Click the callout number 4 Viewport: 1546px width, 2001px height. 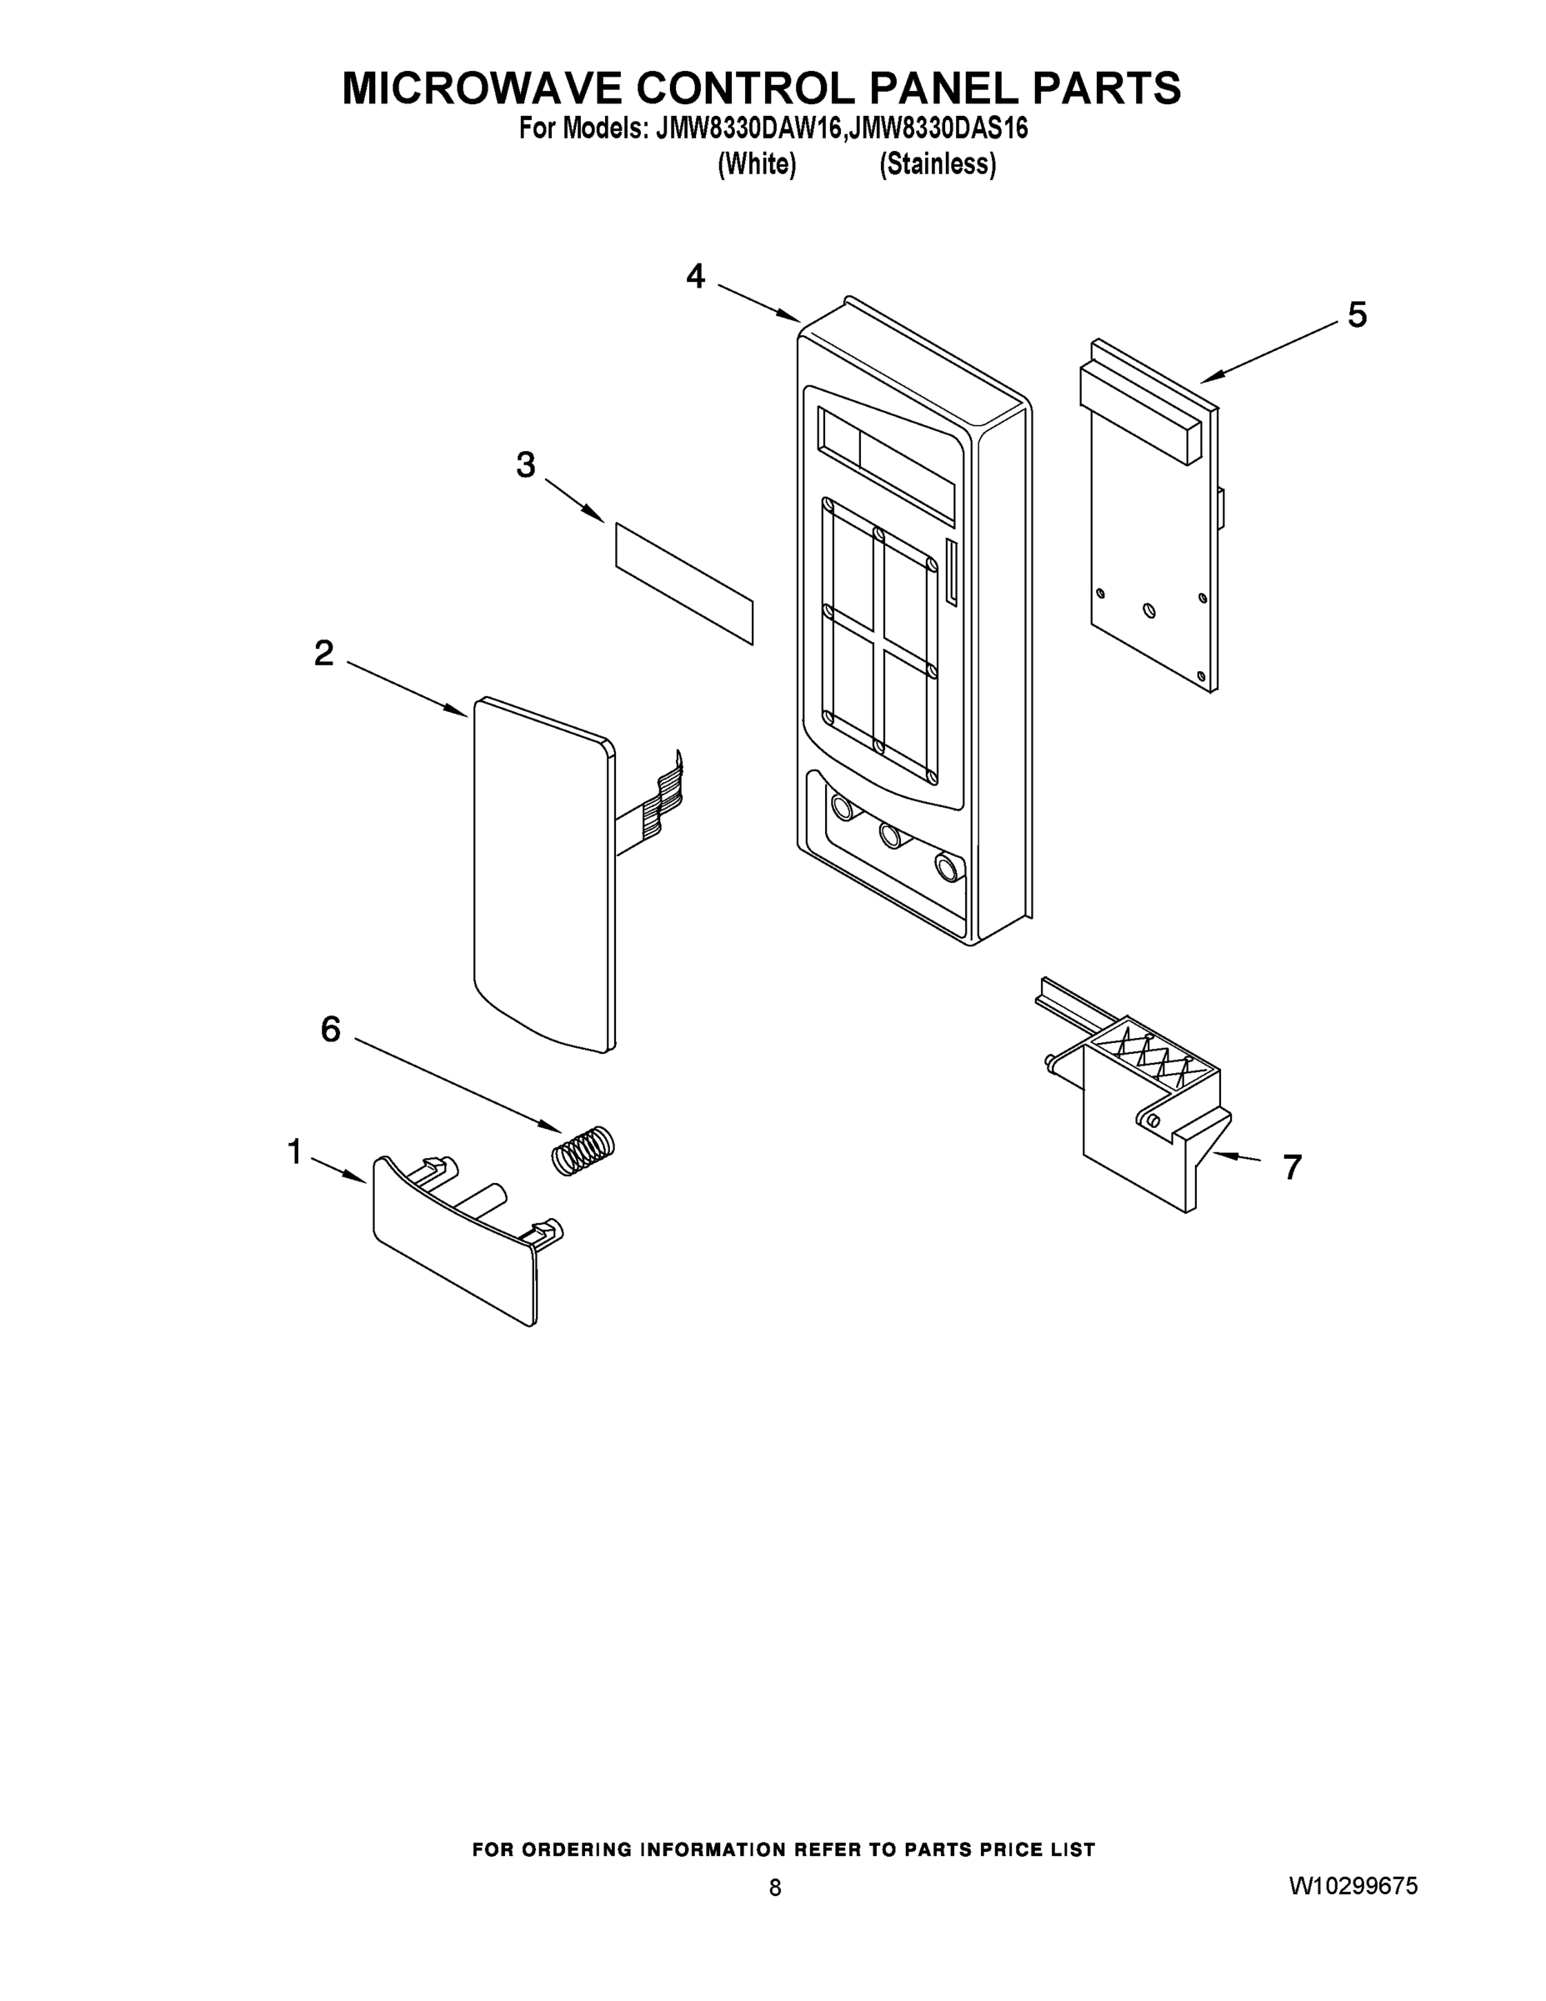[696, 276]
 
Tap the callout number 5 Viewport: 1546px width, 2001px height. [1357, 314]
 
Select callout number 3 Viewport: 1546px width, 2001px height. [525, 464]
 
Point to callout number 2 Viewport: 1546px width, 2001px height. [323, 654]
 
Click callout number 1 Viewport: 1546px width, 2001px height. [294, 1151]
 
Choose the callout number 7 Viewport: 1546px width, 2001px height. [1291, 1167]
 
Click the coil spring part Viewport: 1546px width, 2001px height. [583, 1149]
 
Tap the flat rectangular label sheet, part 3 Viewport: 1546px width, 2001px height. [683, 583]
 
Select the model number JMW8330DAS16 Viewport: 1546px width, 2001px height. [937, 128]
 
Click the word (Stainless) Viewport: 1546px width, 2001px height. [937, 165]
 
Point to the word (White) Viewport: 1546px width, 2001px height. [757, 165]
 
